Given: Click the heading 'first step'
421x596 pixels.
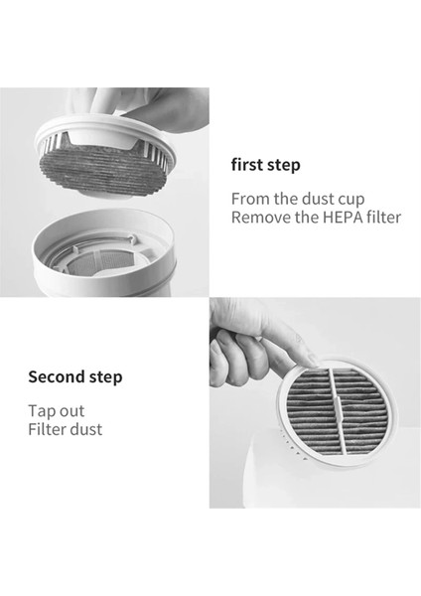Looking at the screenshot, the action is point(265,165).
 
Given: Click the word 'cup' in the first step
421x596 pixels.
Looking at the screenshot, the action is point(351,200).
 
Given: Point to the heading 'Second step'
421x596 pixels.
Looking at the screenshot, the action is point(75,377).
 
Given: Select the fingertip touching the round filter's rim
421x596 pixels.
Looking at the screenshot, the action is point(313,360).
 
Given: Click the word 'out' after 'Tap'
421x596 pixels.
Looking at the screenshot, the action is point(72,411).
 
